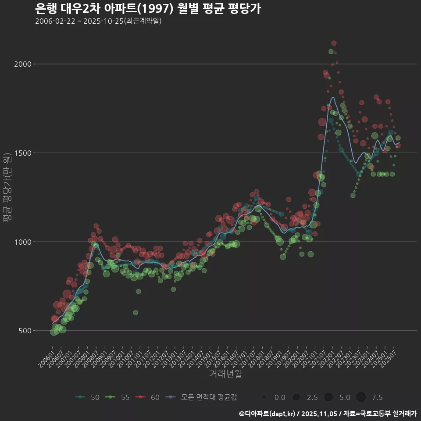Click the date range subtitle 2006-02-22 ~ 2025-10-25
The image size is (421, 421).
98,21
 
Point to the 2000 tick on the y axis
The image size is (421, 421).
24,64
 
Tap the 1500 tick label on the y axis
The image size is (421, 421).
24,153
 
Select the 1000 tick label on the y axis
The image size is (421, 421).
24,242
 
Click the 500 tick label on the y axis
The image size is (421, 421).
26,331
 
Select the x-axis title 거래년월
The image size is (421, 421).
225,374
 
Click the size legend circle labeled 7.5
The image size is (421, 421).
361,397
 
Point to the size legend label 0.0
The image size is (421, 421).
280,397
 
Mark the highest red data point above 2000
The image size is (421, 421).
334,43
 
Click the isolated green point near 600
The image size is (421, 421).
136,313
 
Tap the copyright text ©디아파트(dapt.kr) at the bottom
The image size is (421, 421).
268,414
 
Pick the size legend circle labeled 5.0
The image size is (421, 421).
328,397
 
